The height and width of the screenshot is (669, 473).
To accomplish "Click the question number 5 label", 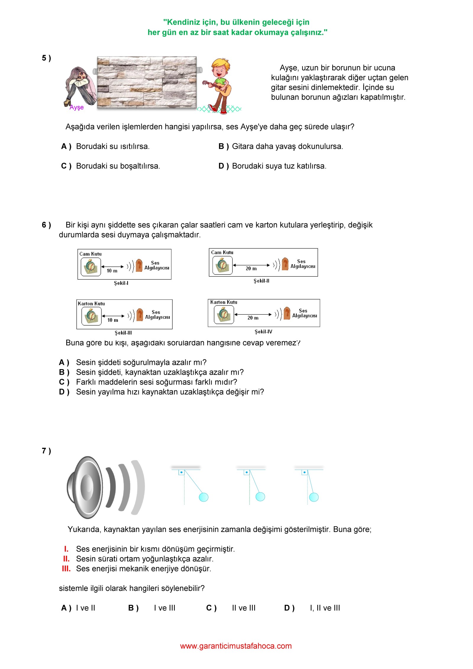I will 46,58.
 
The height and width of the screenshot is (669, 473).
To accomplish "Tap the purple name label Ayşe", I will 77,107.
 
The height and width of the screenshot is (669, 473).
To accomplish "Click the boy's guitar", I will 222,88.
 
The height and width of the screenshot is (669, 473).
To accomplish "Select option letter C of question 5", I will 66,166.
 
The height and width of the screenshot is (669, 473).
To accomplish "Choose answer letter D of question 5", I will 223,166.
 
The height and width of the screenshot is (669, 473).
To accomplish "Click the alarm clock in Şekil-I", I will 91,266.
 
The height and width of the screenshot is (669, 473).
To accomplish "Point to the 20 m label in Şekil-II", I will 251,269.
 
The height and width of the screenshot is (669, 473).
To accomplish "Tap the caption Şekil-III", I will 123,333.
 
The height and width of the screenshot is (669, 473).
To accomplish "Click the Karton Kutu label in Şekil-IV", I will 223,302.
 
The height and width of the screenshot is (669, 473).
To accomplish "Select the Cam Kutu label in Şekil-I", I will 90,254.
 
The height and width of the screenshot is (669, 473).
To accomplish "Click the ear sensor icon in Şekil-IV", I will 287,313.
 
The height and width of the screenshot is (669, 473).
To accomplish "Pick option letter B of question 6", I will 64,372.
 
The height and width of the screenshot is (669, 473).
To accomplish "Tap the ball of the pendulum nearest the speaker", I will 204,497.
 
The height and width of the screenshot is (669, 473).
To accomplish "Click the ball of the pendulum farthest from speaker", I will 314,497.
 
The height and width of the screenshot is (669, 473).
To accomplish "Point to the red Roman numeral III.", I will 66,569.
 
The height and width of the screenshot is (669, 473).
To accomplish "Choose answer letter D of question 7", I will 289,608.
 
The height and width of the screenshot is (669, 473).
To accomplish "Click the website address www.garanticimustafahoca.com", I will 236,646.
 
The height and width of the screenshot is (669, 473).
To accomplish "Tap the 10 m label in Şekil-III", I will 113,320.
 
